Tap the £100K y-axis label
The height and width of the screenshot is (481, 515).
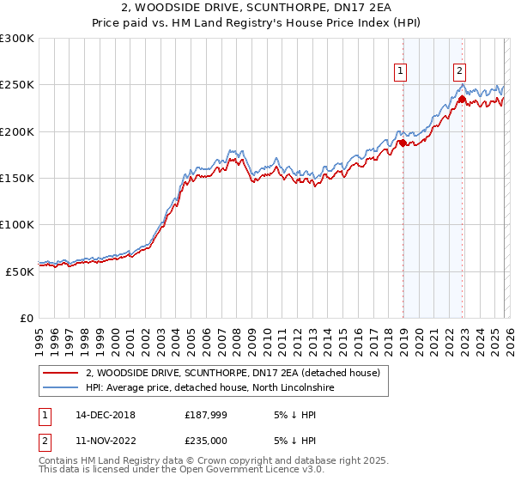17,224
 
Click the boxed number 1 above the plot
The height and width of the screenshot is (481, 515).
402,72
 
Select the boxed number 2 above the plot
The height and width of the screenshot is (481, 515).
460,72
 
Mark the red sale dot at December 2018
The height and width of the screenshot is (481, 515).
403,143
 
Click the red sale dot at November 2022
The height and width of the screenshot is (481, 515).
462,100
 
